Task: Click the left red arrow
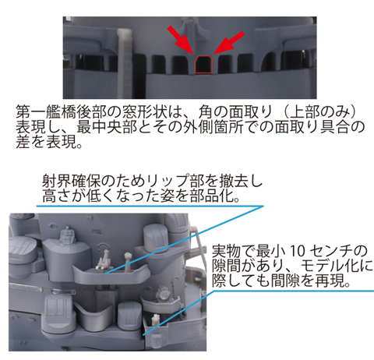(181, 40)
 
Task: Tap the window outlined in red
(204, 64)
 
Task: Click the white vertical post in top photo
(125, 62)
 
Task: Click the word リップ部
(175, 181)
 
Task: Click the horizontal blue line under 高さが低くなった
(150, 206)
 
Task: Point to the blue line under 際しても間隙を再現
(295, 291)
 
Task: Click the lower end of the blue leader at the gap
(143, 335)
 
